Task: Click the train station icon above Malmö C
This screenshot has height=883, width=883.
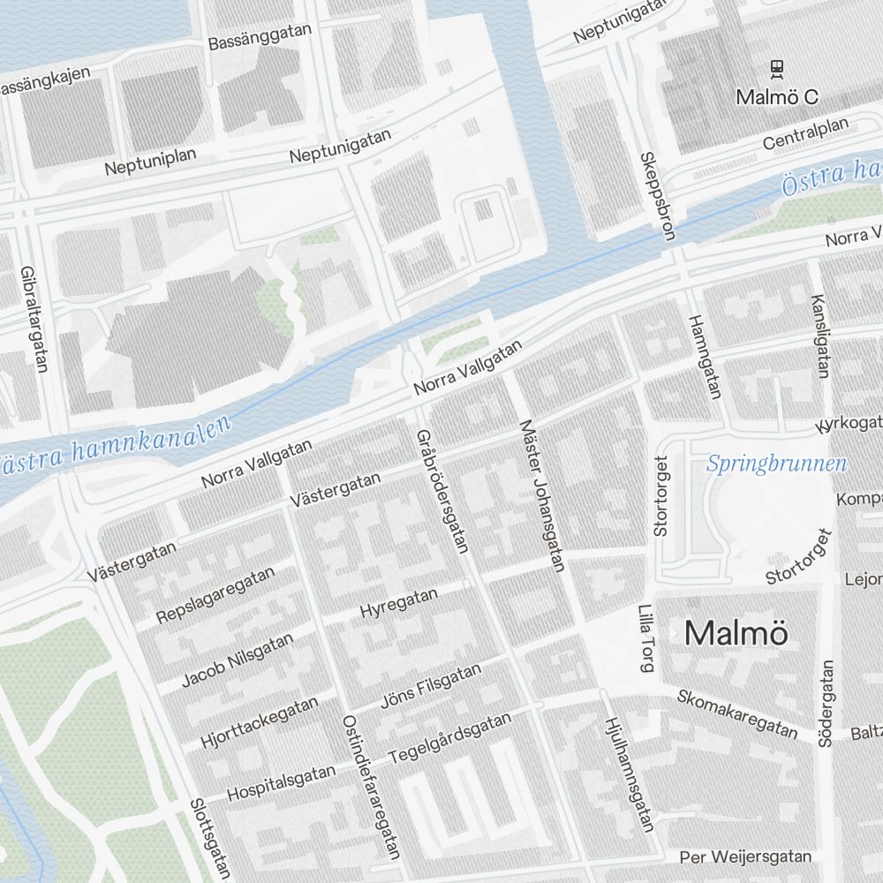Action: click(777, 67)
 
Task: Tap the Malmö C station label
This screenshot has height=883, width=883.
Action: click(777, 97)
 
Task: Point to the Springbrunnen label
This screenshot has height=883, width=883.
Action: click(776, 464)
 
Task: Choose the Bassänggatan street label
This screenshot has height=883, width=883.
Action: click(260, 36)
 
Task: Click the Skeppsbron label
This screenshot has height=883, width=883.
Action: click(656, 196)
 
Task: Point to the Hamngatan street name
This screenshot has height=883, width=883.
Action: click(704, 355)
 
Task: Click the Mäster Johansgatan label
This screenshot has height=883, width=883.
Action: click(542, 494)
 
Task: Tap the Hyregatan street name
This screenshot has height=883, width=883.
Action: click(399, 603)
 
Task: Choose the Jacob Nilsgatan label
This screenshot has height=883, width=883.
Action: click(237, 660)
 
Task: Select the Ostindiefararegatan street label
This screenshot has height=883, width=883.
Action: click(369, 785)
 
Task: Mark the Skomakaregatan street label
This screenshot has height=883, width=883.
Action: click(737, 712)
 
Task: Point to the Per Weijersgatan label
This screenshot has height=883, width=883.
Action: click(745, 857)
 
